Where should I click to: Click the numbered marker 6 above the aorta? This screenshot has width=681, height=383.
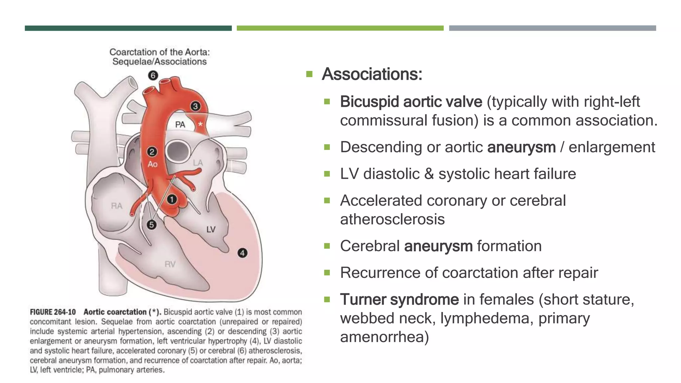153,75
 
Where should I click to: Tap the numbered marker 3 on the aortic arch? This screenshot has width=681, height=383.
195,106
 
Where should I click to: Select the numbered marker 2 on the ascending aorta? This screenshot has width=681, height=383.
152,152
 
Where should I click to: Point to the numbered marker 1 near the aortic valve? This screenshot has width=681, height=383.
172,199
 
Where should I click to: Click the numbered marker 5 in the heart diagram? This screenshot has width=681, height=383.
152,225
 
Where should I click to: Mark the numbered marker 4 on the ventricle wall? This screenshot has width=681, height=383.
242,253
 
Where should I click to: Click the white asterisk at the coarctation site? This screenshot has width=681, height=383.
200,124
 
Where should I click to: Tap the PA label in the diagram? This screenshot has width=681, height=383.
180,125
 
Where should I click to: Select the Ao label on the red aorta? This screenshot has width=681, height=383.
152,164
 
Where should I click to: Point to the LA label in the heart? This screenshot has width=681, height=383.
198,163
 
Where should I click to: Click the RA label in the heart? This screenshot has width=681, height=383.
116,206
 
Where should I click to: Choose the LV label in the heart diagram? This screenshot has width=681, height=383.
211,229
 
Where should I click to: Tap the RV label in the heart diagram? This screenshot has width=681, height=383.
170,264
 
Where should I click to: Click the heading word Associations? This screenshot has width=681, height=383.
372,74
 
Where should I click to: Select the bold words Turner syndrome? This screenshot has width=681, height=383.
399,299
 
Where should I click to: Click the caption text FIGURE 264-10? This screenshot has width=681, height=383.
53,312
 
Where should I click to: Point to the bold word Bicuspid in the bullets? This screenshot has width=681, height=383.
369,102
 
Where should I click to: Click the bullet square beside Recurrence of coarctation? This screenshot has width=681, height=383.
327,273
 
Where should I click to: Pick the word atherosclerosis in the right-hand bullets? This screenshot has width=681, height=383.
392,219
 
